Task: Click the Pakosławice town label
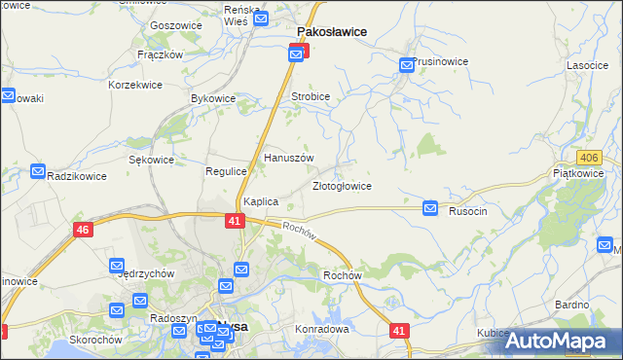[331, 31]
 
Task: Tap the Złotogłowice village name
[342, 186]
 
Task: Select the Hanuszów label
[289, 158]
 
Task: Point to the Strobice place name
[311, 97]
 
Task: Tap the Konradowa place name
[322, 329]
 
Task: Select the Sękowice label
[151, 160]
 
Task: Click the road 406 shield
[587, 158]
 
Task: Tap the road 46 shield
[83, 230]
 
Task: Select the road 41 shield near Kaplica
[235, 222]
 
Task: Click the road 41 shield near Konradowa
[398, 331]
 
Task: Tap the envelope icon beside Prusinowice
[406, 65]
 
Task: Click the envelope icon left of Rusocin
[430, 208]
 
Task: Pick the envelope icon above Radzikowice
[38, 171]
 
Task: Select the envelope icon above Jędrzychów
[117, 265]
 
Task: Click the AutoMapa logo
[559, 341]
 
